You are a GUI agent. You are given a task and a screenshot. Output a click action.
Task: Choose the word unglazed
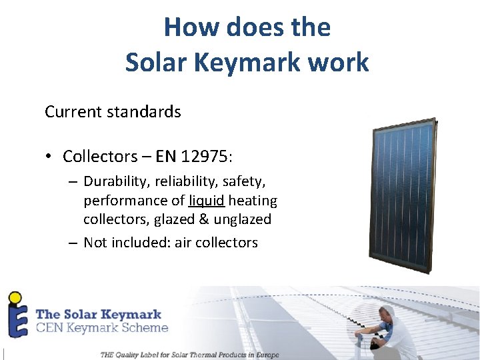coord(242,219)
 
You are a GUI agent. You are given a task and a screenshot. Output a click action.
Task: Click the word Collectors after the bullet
coord(99,157)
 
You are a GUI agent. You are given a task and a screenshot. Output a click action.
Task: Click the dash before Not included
coord(72,243)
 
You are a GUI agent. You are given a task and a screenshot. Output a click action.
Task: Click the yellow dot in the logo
coord(13,297)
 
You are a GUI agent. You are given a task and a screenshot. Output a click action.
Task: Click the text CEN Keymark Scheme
coord(101,327)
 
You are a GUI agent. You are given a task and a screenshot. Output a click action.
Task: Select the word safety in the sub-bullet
coord(248,181)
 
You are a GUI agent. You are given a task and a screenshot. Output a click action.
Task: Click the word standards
coord(150,111)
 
